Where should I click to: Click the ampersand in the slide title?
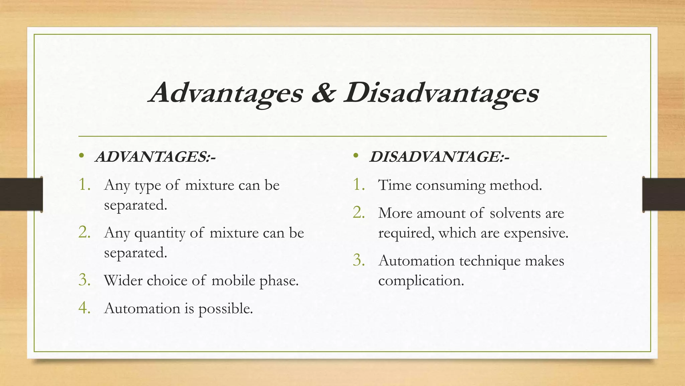(x=323, y=93)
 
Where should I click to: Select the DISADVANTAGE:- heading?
(x=439, y=157)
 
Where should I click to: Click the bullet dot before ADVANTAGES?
(x=81, y=155)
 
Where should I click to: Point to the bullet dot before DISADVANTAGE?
(x=356, y=155)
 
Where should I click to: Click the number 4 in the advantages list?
(x=84, y=308)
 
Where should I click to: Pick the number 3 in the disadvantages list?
(x=358, y=260)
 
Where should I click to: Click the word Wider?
(x=123, y=280)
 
